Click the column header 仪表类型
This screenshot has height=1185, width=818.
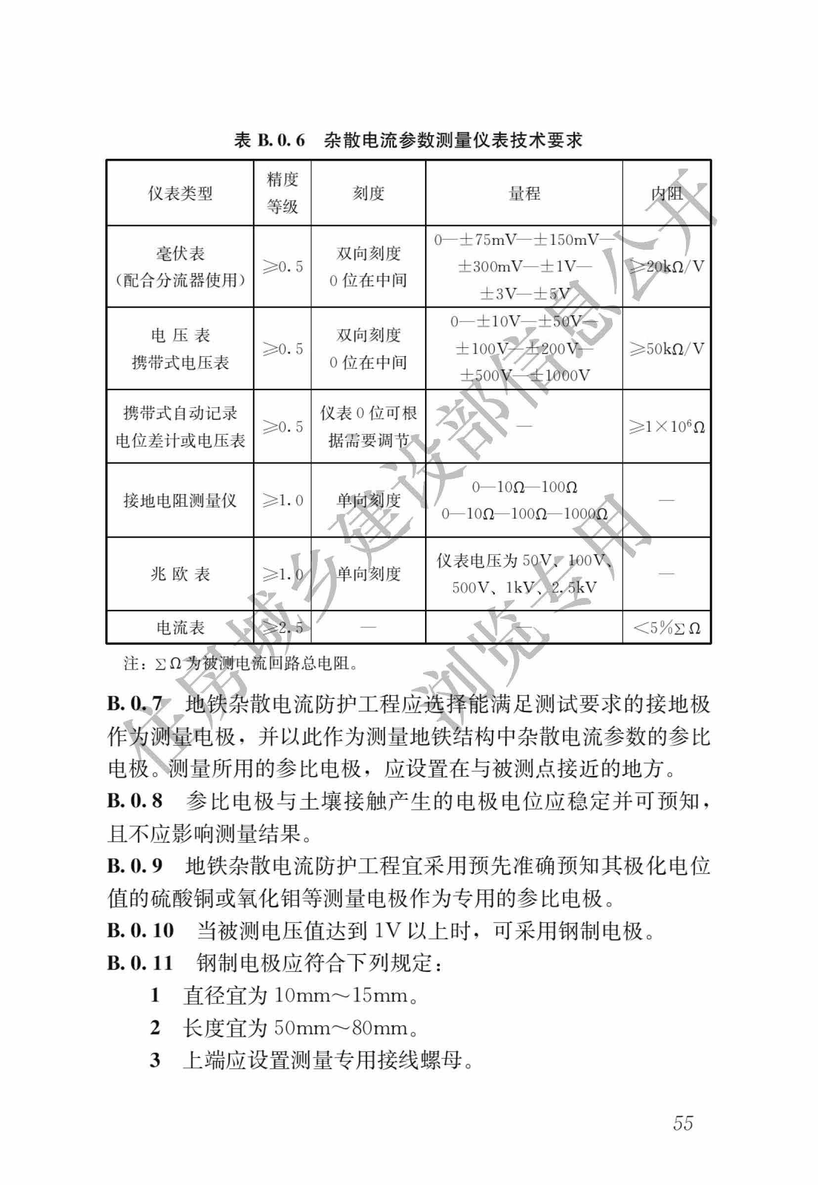180,193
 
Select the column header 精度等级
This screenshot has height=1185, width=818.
282,193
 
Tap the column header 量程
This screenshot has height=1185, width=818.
524,193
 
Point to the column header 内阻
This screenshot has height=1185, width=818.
666,193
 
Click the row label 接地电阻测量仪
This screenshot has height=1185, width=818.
180,500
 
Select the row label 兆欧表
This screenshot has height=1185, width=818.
180,574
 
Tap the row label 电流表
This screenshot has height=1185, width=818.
180,627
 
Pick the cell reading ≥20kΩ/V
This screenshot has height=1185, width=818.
666,267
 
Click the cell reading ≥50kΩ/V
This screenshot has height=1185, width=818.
666,349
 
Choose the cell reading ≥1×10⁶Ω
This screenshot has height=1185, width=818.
666,427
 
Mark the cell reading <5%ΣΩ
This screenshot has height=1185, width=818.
666,628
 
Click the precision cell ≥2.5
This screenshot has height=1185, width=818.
282,627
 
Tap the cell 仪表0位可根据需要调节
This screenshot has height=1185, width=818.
368,427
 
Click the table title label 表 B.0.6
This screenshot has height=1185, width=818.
269,140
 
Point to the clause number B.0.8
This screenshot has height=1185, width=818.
135,800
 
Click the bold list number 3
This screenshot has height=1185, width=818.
155,1060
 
